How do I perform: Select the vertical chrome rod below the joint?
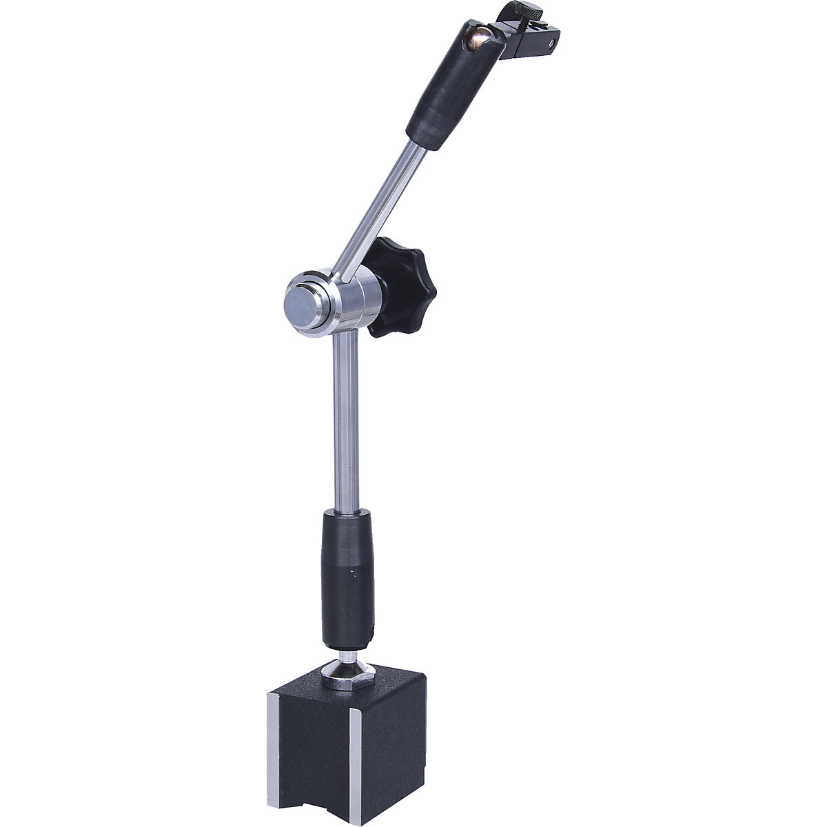tap(343, 420)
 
